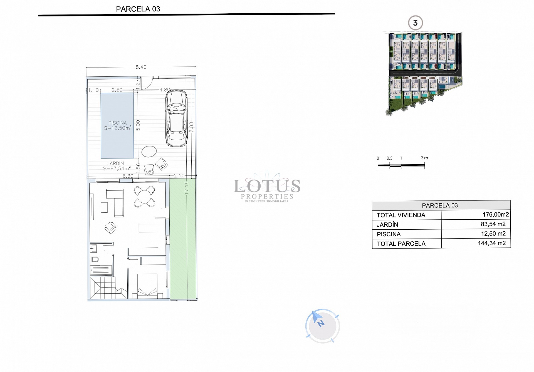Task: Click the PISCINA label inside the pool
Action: (117, 123)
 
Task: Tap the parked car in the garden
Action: (176, 118)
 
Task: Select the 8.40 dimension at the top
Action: (141, 67)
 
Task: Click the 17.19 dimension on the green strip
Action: (187, 188)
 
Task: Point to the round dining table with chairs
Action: (144, 197)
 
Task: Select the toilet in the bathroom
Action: (95, 259)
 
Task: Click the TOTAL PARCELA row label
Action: (401, 244)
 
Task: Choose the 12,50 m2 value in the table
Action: (493, 234)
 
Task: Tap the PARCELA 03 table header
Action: (439, 205)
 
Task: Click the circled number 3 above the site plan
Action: (415, 23)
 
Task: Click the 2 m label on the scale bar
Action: (424, 158)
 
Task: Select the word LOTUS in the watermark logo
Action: (267, 186)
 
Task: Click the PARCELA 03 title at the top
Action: (138, 9)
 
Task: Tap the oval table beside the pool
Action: (149, 152)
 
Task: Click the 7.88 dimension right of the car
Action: (191, 127)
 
